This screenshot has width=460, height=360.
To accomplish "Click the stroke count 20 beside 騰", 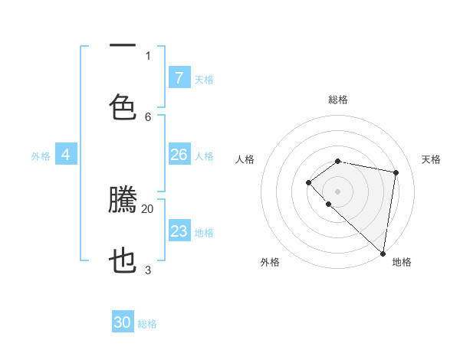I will pos(147,208).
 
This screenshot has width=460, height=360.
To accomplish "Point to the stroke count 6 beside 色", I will pos(148,116).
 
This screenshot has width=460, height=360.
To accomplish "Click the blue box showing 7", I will pos(179,77).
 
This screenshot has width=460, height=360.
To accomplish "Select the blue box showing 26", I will pos(179,155).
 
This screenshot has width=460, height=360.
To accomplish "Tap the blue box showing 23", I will pos(179,231).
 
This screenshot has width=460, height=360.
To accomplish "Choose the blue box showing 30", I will pos(123,322).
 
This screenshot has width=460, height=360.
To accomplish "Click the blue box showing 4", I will pos(66,155).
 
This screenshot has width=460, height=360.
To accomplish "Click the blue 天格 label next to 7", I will pos(204,79).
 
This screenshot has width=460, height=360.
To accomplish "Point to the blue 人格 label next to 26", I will pos(204,156).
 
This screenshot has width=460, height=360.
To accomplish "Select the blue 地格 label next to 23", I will pos(204,233).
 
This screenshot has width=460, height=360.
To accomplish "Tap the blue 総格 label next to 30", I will pos(147,324).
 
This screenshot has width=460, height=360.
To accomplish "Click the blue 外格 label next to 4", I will pos(41,156).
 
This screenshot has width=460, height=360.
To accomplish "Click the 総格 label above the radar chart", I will pos(338,100).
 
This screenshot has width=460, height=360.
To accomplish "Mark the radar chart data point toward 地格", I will pos(383,253).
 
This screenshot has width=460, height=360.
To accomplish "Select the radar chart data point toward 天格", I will pos(396,172).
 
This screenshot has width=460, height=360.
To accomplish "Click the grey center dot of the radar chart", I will pos(337,191).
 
